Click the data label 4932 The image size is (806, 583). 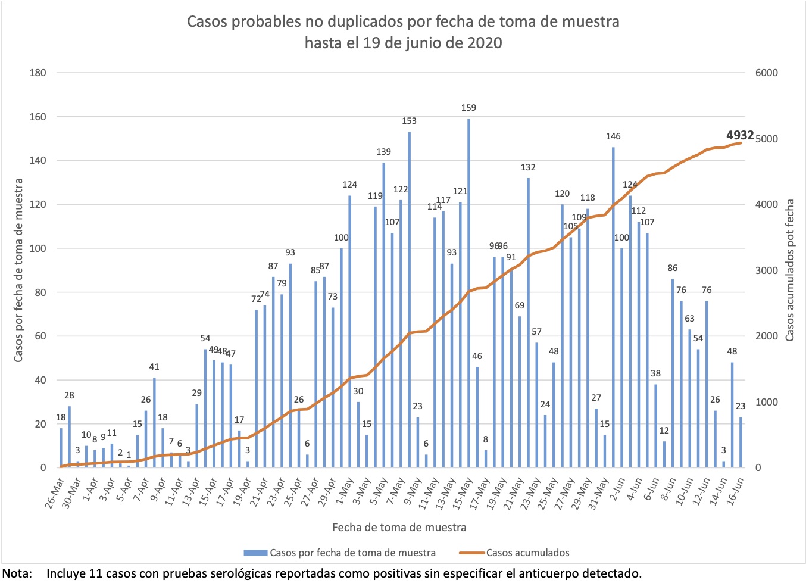[740, 135]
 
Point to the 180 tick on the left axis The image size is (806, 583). [38, 73]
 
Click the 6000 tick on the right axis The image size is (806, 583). [766, 73]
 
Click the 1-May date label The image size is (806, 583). [344, 491]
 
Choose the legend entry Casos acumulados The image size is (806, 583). [527, 553]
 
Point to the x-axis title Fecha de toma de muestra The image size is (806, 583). [399, 527]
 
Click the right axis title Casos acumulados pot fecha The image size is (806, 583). [790, 270]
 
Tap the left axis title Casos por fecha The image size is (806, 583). [18, 270]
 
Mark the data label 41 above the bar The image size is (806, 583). [154, 367]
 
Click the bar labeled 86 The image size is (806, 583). [673, 373]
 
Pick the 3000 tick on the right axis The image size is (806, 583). [766, 270]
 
